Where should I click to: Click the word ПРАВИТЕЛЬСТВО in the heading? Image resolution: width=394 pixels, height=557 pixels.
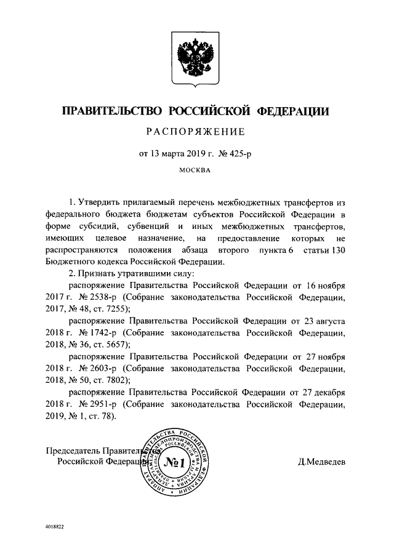(111, 111)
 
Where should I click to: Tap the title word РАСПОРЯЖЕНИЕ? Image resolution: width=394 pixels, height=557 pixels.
(195, 132)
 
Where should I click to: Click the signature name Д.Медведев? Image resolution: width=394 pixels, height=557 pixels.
(320, 460)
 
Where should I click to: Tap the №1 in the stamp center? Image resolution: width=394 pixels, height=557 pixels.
(177, 459)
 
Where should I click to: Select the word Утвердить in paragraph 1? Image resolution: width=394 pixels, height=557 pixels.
(99, 203)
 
